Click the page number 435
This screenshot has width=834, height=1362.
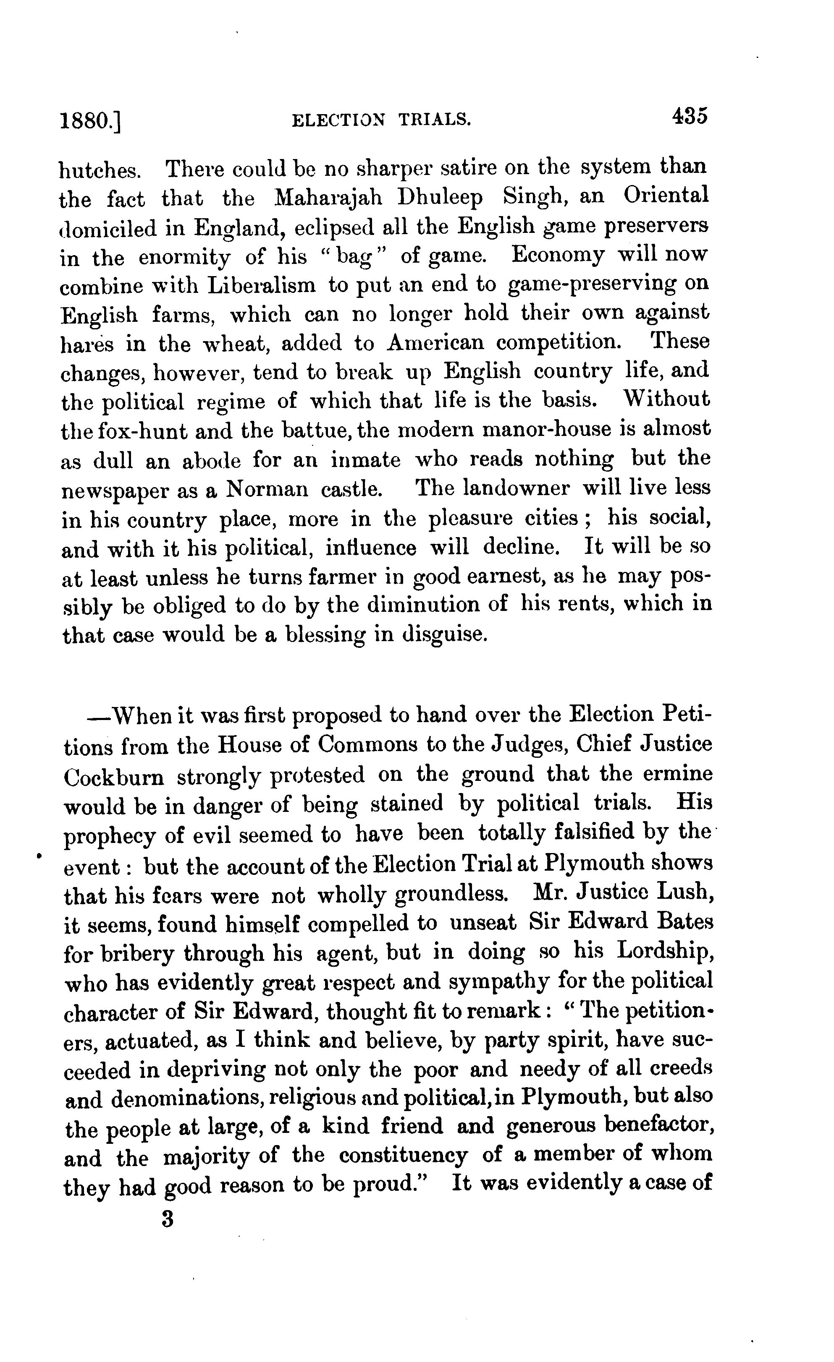click(689, 117)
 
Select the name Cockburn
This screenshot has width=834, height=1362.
click(114, 777)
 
